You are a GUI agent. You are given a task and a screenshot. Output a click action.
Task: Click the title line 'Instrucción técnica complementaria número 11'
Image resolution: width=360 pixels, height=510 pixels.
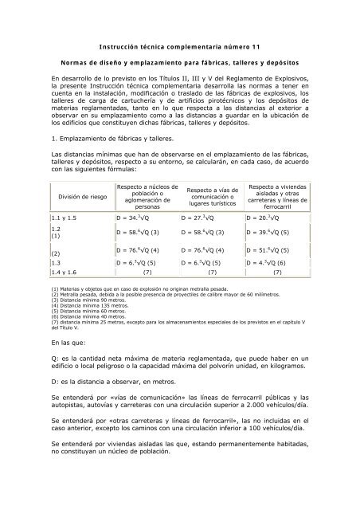pyautogui.click(x=179, y=49)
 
